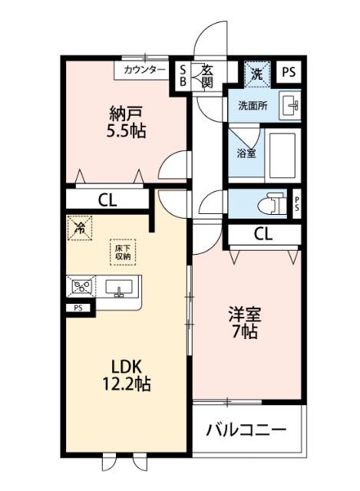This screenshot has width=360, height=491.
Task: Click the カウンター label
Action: (x=142, y=70)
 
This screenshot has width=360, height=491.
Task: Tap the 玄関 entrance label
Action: (x=207, y=75)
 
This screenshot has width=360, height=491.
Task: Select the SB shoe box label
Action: (x=183, y=75)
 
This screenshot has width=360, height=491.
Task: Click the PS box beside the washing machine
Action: (x=287, y=73)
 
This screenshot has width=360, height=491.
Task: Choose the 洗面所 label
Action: (x=252, y=106)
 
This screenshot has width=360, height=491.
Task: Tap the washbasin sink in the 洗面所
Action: (x=289, y=105)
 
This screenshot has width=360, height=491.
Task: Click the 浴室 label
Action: (x=246, y=153)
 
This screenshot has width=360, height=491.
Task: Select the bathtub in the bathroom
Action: (x=283, y=154)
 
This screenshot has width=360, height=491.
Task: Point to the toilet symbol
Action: (x=269, y=205)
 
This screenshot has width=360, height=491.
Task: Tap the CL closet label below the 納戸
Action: (x=107, y=200)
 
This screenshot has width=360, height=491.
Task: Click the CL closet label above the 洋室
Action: (x=263, y=234)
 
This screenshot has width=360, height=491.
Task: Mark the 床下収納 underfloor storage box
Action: (x=123, y=252)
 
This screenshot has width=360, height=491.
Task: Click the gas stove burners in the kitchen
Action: (x=81, y=288)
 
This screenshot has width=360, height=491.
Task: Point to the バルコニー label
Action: (x=246, y=430)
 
